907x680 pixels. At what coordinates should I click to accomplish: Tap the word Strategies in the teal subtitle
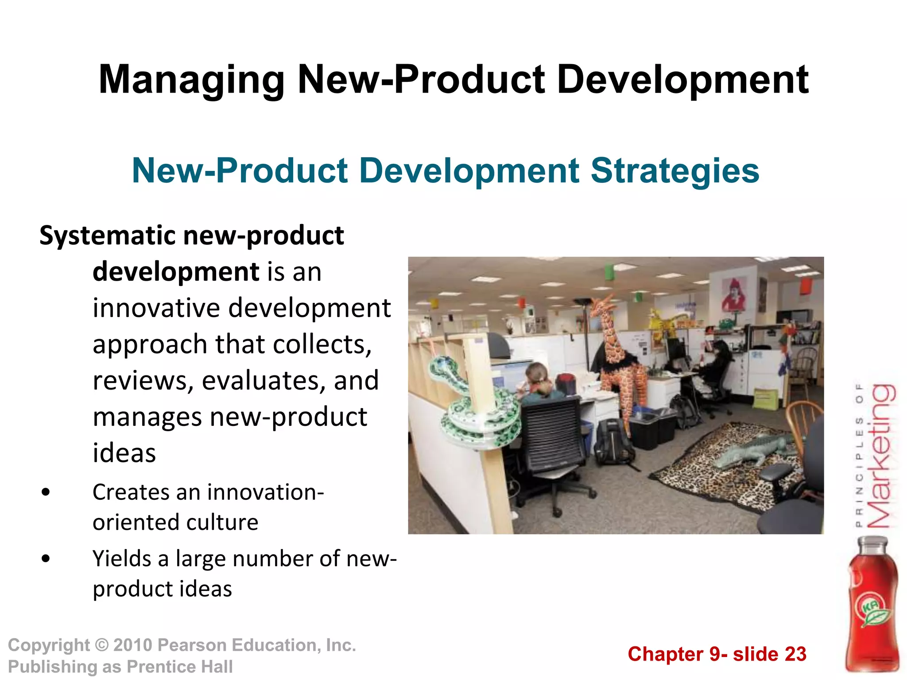pos(675,171)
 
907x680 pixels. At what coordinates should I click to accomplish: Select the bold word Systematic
pos(108,236)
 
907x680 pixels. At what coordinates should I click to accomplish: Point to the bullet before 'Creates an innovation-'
pos(45,492)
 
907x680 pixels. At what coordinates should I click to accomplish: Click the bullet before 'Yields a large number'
pos(45,559)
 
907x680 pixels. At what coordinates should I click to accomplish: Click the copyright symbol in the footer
pos(101,645)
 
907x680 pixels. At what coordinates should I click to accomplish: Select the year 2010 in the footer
pos(132,645)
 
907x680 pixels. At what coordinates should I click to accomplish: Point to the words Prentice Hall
pos(179,667)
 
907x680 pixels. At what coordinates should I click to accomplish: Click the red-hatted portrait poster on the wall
pos(733,294)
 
